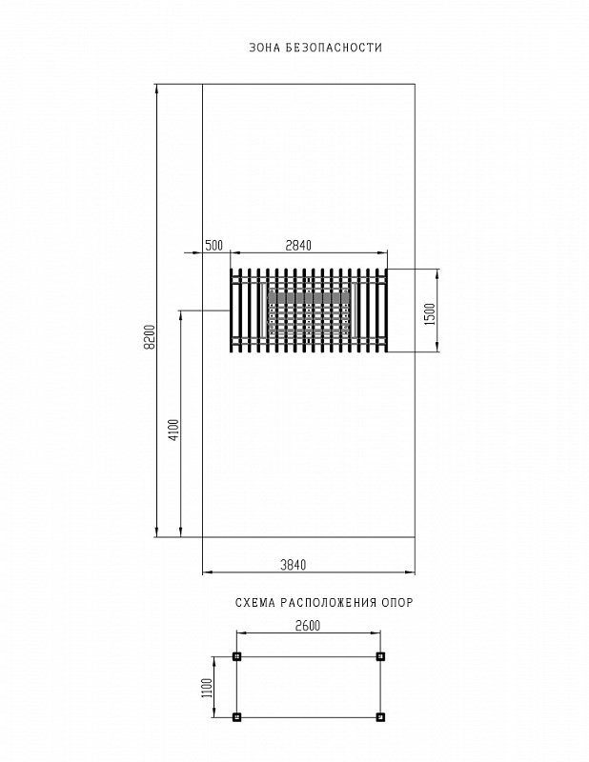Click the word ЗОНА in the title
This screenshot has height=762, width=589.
click(x=264, y=48)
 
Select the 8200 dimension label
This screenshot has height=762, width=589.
click(x=151, y=336)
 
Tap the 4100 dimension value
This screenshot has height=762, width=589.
click(x=174, y=430)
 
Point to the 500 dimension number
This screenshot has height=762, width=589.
click(x=213, y=246)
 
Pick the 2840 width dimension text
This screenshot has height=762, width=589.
click(x=298, y=246)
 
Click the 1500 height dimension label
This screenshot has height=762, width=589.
click(x=430, y=315)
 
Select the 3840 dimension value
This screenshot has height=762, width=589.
click(x=294, y=565)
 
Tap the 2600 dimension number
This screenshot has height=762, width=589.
click(x=308, y=626)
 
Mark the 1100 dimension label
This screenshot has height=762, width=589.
click(x=207, y=687)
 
